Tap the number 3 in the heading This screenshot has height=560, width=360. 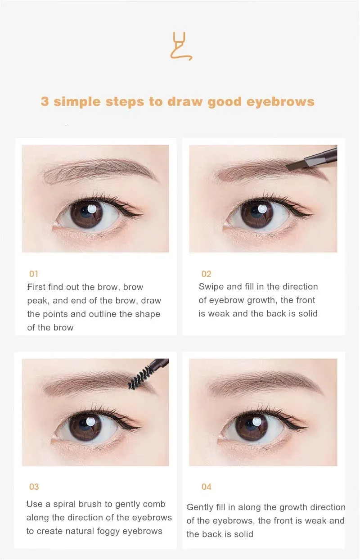point(45,101)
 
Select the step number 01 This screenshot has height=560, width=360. point(33,274)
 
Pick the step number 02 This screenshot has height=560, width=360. point(207,274)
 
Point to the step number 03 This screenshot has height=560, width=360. point(34,487)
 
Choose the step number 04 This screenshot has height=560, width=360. point(207,487)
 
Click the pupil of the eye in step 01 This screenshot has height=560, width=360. point(86,212)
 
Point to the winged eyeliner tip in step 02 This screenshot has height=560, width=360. point(311,214)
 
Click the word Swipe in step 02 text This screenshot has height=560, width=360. point(211,287)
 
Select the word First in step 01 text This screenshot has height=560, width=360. point(36,287)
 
